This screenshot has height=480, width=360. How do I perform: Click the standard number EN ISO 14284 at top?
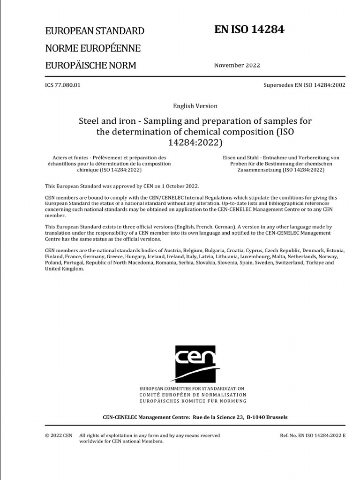(x=249, y=30)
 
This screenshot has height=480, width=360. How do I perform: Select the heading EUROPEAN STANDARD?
(x=94, y=31)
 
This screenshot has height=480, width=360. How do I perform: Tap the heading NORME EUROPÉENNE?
(x=92, y=48)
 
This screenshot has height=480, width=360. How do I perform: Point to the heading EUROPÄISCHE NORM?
(x=90, y=65)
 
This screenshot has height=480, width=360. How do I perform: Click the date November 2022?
(x=237, y=65)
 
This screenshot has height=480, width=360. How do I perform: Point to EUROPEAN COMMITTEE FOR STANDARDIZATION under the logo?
(x=192, y=389)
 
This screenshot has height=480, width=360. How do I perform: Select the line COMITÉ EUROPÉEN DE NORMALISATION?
(x=192, y=395)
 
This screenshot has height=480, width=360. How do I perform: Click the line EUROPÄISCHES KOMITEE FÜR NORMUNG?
(x=192, y=401)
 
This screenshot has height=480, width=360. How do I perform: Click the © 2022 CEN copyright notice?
(x=59, y=435)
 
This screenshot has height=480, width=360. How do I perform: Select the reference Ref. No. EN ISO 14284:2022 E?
(x=312, y=435)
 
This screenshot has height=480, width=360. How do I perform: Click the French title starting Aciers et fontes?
(x=107, y=164)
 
